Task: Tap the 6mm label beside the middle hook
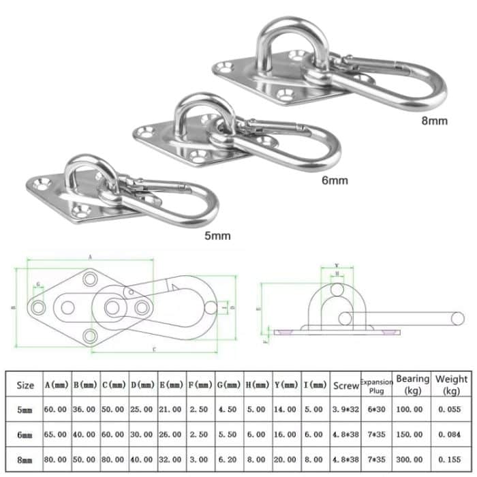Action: pos(335,181)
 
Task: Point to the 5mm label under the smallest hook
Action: pos(217,236)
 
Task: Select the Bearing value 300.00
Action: pos(413,461)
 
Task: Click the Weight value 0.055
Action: pos(452,410)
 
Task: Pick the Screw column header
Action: pos(345,385)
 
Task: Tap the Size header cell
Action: pos(25,385)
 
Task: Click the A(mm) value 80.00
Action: pos(57,461)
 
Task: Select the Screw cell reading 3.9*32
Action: pos(345,410)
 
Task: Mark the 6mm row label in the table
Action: pos(25,435)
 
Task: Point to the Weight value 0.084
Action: pos(452,435)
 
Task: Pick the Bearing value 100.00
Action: pos(413,410)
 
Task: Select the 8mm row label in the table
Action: pos(25,461)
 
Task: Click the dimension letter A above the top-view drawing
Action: pos(90,257)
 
